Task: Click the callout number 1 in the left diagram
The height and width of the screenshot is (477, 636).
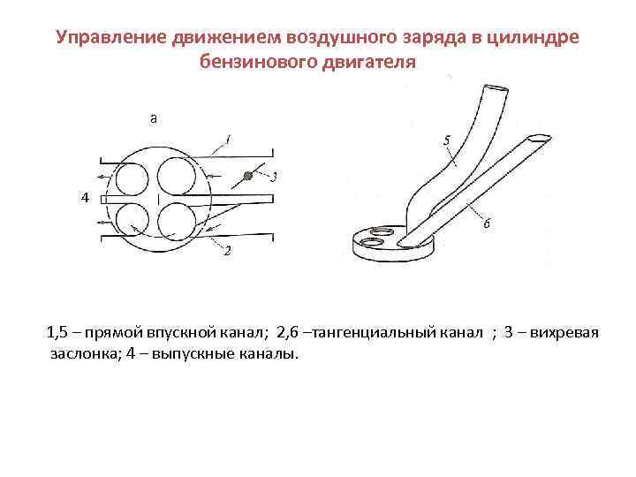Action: point(228,139)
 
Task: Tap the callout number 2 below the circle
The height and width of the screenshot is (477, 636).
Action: point(227,252)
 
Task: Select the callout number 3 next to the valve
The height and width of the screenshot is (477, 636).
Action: point(275,176)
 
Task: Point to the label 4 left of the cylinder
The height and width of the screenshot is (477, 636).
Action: point(84,199)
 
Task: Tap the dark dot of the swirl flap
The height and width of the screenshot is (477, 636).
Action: point(249,177)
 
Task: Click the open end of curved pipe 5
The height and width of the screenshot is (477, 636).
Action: point(494,88)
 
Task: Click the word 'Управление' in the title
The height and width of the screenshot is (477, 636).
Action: point(110,38)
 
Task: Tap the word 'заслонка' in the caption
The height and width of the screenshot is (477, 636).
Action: point(79,353)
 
